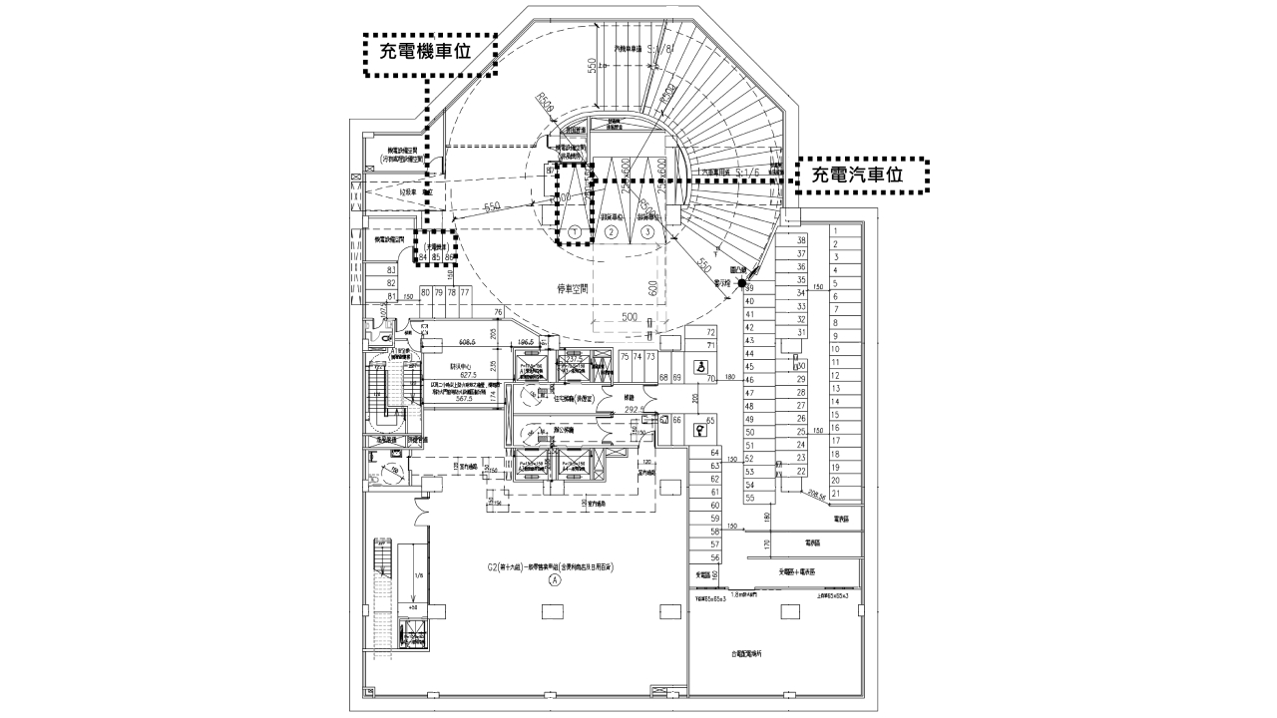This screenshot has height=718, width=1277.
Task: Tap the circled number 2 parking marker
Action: (613, 231)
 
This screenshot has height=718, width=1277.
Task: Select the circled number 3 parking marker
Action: (648, 231)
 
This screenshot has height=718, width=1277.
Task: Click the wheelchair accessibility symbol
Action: (702, 365)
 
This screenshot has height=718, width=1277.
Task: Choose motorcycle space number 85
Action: (436, 257)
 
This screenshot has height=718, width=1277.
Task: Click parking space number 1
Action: (833, 230)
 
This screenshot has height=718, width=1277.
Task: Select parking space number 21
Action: (835, 493)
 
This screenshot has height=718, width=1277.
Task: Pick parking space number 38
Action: (801, 240)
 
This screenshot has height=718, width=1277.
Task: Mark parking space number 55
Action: (750, 498)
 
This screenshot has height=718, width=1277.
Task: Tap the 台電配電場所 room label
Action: (745, 654)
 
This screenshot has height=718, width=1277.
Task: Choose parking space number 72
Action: (711, 332)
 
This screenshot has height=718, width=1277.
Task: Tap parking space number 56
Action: (714, 557)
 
